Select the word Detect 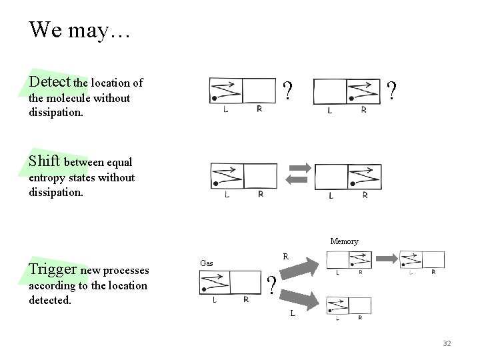click(50, 82)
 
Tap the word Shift click(45, 161)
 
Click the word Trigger click(53, 269)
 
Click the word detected click(51, 301)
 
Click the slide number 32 click(447, 343)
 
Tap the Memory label click(344, 241)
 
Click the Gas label click(207, 263)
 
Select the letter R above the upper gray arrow click(285, 256)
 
